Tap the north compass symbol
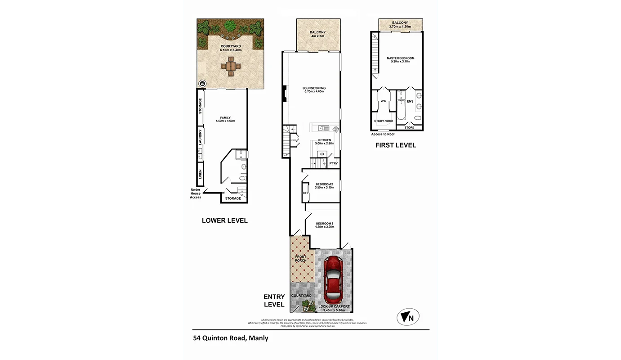click(408, 317)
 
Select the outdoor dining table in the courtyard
click(231, 67)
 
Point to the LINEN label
click(201, 174)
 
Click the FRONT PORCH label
click(300, 258)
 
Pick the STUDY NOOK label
click(384, 121)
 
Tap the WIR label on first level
click(384, 101)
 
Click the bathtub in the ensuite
click(401, 108)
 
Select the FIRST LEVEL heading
click(396, 145)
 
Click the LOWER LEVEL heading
click(224, 220)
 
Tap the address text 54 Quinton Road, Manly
click(231, 338)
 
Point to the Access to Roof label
click(383, 134)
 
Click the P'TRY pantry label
click(333, 163)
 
